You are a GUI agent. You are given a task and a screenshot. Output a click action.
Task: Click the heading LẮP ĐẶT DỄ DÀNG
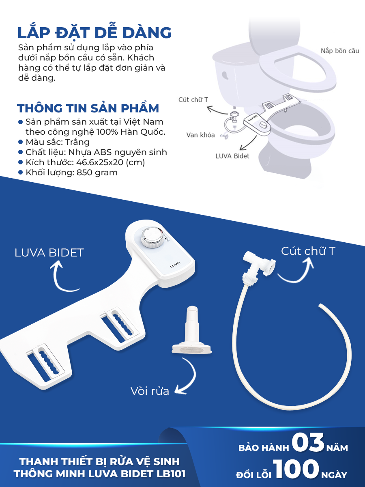(x=94, y=32)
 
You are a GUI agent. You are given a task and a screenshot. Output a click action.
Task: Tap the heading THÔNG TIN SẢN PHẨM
(x=88, y=108)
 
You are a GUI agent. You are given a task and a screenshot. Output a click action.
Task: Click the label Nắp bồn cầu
(x=340, y=51)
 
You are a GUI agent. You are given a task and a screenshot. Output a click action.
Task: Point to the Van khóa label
(x=201, y=135)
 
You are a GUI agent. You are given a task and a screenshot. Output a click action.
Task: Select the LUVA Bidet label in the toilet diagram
(x=232, y=156)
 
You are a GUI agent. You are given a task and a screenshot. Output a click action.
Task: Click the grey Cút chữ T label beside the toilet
(x=193, y=100)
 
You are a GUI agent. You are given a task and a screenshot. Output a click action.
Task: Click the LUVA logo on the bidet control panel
(x=175, y=265)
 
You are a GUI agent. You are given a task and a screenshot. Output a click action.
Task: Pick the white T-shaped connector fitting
(x=259, y=265)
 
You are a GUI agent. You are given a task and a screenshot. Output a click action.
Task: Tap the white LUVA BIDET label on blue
(x=49, y=253)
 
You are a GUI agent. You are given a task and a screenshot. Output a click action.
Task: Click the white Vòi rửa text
(x=150, y=391)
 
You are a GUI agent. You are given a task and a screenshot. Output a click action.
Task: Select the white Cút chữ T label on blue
(x=308, y=251)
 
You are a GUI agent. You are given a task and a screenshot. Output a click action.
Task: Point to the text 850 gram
(x=97, y=172)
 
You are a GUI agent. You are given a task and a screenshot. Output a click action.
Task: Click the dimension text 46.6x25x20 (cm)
(x=111, y=162)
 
